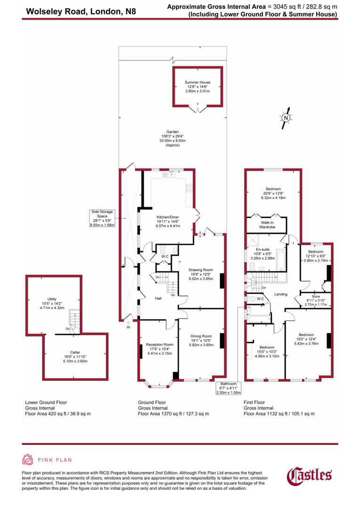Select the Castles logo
310,476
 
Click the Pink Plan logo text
55,460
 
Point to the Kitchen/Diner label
167,221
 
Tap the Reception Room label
160,349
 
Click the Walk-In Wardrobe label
267,225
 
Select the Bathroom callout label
229,388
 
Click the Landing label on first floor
281,295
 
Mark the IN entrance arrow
128,325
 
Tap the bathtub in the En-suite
280,258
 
